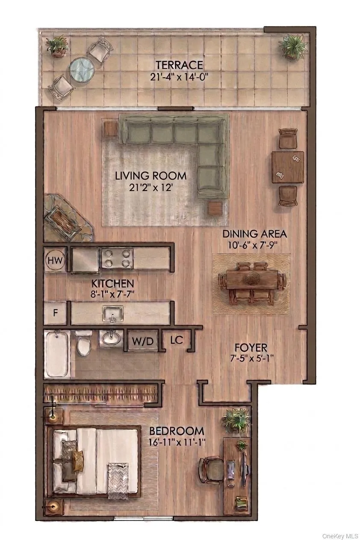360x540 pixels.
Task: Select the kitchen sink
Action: [113, 314]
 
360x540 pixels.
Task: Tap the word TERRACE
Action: [179, 65]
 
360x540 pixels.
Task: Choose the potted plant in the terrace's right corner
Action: [292, 46]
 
